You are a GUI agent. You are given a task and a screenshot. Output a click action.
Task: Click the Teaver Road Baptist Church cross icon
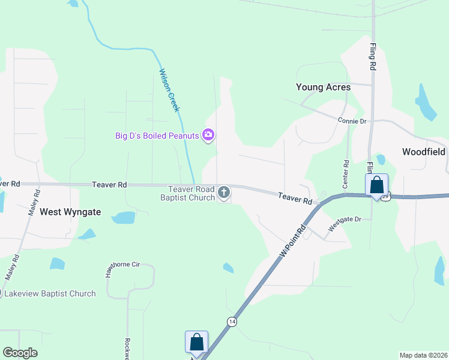(224, 193)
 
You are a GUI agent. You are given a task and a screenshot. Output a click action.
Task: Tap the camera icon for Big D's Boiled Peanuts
(208, 135)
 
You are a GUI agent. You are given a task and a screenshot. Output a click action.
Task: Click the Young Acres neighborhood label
(323, 87)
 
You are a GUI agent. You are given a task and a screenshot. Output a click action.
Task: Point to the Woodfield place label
(423, 152)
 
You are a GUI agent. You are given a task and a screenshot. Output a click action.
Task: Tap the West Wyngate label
(70, 212)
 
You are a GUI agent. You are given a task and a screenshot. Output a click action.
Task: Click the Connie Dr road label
(352, 121)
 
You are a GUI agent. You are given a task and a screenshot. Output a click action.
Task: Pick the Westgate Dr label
(345, 224)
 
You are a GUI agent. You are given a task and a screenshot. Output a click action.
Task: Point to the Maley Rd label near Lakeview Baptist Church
(12, 268)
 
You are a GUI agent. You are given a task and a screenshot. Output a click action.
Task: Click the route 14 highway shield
(231, 322)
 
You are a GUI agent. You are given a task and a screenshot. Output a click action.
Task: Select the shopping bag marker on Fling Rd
(377, 185)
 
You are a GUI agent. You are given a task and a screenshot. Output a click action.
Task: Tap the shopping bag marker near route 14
(196, 343)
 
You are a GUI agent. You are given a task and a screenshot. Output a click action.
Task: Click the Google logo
(20, 353)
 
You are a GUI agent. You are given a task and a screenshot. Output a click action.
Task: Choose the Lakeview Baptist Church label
(50, 293)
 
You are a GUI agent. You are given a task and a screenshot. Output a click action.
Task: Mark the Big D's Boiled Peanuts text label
(157, 136)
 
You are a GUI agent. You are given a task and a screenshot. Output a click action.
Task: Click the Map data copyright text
(423, 355)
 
